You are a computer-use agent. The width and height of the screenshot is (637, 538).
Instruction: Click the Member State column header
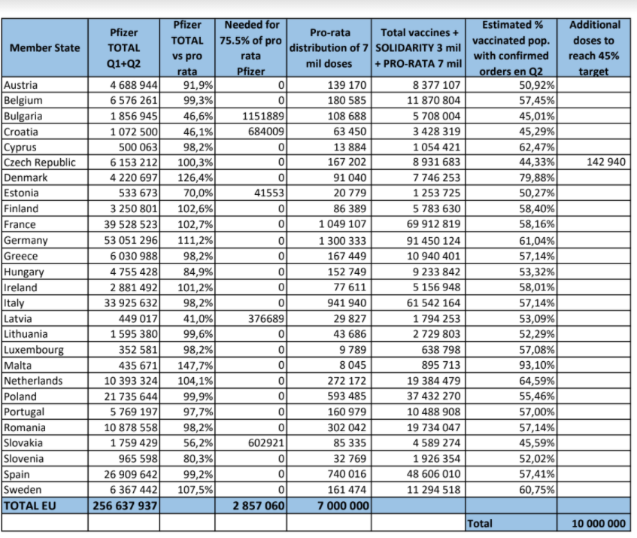44,48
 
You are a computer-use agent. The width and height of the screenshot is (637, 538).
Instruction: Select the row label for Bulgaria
23,116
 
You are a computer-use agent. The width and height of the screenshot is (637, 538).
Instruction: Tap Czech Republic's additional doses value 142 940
605,162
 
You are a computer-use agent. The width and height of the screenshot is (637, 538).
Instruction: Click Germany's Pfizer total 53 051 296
130,240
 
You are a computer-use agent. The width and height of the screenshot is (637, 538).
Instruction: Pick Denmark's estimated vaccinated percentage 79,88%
537,178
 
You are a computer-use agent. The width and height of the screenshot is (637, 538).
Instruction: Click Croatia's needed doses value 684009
265,132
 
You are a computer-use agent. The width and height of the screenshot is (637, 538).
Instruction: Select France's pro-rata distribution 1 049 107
342,224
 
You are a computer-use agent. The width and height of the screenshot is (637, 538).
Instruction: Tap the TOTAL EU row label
29,506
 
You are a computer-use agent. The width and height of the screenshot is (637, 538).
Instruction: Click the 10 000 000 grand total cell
598,524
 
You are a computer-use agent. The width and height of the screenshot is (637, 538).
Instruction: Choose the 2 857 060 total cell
259,506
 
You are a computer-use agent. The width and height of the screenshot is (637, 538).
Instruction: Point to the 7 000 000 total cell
343,506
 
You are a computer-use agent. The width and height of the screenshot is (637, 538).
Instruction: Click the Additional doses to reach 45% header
594,48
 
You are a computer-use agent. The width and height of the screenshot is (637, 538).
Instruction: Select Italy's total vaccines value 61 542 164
433,302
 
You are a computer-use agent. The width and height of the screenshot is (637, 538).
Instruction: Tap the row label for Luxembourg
34,350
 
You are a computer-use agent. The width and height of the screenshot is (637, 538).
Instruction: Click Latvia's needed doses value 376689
265,318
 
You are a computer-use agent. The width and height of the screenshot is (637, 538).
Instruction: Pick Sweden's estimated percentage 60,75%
537,490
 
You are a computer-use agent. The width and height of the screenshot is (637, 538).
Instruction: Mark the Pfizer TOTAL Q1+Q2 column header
123,48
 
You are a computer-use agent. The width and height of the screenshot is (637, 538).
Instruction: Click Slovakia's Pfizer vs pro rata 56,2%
198,443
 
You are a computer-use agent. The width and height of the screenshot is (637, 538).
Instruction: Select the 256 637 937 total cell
125,506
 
